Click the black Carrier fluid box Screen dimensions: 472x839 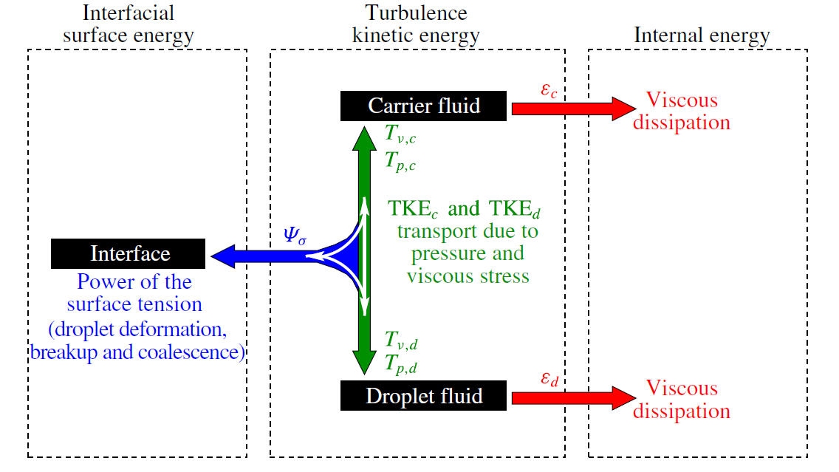coord(424,106)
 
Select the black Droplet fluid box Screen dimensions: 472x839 coord(424,396)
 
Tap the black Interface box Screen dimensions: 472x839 coord(129,254)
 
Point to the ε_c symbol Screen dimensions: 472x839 coord(548,91)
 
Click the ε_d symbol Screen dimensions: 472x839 coord(549,380)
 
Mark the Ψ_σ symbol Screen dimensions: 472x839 coord(295,236)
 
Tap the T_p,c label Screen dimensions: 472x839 coord(400,160)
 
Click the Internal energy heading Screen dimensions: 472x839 coord(702,35)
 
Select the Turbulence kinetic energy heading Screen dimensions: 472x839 coord(417,24)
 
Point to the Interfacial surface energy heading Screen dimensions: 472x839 coord(139,24)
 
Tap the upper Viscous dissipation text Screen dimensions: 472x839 coord(681,111)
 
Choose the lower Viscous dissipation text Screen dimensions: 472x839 coord(681,400)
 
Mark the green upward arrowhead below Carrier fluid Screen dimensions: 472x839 coord(364,137)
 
